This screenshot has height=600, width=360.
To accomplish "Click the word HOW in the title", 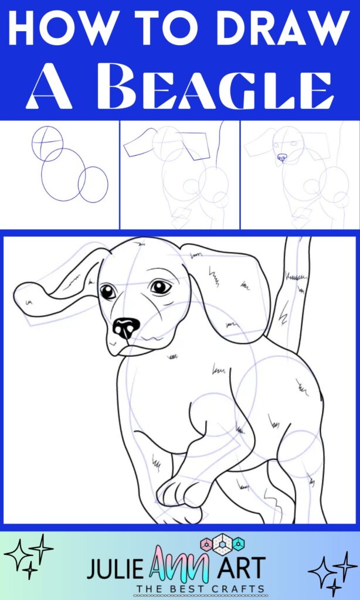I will click(x=55, y=29).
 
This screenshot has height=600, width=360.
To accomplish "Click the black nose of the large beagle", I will click(x=126, y=328).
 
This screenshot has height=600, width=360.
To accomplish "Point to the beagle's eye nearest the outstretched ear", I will click(x=108, y=292).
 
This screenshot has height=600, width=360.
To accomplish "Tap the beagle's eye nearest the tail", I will click(x=159, y=287).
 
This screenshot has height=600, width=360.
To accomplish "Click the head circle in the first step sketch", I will click(x=47, y=143).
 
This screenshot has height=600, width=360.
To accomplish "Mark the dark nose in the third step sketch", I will click(x=283, y=158).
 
